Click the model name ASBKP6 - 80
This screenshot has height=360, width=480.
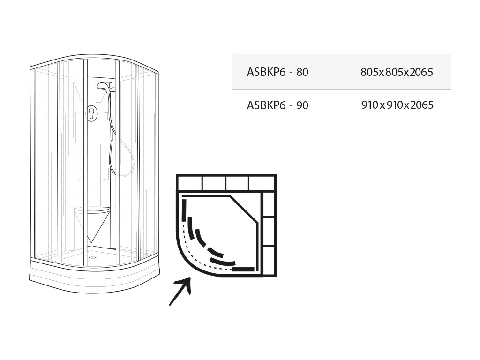point(277,73)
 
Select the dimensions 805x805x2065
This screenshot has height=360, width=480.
point(397,73)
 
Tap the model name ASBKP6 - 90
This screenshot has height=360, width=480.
point(277,105)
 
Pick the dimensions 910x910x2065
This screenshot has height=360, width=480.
point(397,105)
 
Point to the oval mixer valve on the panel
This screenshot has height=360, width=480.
point(92,114)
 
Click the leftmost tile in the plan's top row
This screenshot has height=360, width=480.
point(189,182)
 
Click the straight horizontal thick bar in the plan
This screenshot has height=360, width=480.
point(243,270)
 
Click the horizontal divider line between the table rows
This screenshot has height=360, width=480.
point(341,89)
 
